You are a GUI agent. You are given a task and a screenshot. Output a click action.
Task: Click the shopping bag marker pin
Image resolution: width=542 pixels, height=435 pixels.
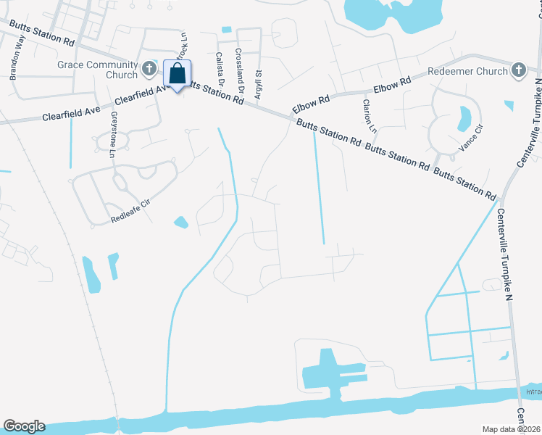pos(178,74)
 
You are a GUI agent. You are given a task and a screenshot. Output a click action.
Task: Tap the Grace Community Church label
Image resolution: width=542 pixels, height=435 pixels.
pos(97,70)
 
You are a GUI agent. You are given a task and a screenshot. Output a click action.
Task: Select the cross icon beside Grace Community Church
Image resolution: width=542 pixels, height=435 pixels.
pos(149,70)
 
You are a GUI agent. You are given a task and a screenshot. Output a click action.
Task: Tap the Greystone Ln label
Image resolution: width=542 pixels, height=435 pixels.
pos(113,135)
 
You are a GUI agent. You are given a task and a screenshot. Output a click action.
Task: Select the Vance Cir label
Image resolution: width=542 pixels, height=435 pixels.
pos(470,141)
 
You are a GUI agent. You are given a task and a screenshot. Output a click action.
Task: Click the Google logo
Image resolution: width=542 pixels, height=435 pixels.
pos(24,426)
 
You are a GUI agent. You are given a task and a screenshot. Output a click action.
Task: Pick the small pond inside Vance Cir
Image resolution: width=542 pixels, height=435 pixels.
pos(464,117)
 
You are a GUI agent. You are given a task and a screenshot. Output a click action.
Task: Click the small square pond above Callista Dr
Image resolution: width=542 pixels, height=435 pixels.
pos(227,30)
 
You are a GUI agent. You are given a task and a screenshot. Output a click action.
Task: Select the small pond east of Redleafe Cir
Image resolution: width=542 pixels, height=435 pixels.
pos(180,221)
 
